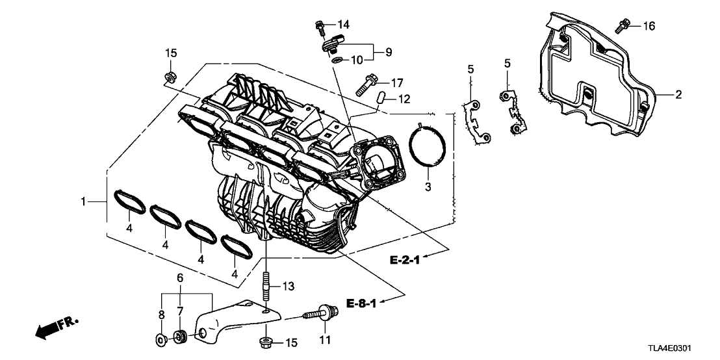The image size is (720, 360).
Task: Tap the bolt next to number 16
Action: pos(621,25)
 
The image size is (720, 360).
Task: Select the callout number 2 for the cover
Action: pos(678,95)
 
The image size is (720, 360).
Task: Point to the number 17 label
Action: pos(397,83)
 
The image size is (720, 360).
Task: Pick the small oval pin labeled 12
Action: pos(383,98)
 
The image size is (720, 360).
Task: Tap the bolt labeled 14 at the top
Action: pos(320,26)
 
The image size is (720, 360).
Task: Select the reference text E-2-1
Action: pos(405,260)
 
